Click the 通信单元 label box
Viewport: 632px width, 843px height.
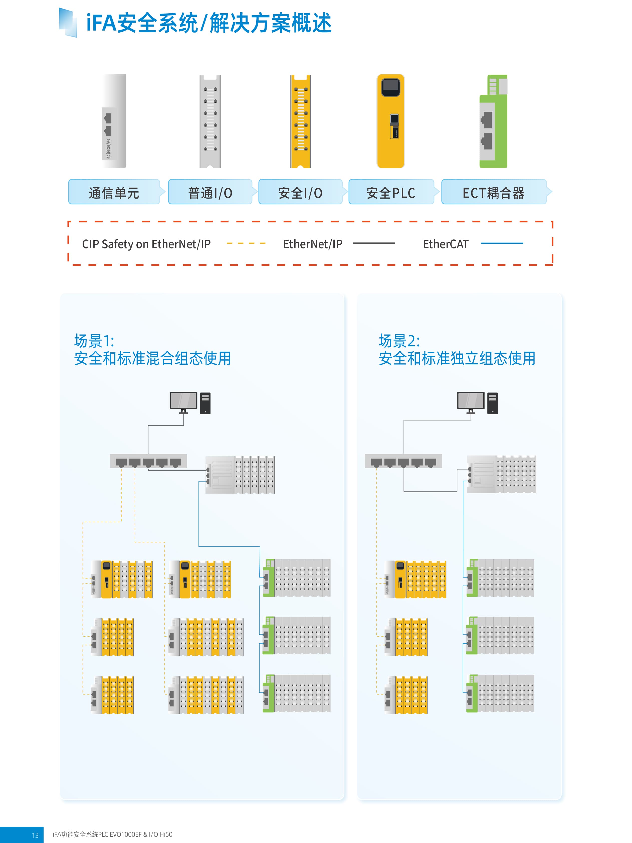[x=114, y=192]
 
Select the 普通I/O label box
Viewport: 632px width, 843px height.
[x=210, y=192]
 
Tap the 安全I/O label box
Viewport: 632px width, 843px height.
[x=301, y=192]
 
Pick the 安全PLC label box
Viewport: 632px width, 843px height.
[x=391, y=192]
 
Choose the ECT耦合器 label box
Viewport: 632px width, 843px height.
[x=494, y=192]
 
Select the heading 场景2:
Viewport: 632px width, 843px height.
[x=399, y=341]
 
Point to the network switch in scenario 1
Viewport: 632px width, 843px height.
[x=148, y=461]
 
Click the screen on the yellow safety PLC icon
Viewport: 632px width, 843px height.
[x=390, y=87]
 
